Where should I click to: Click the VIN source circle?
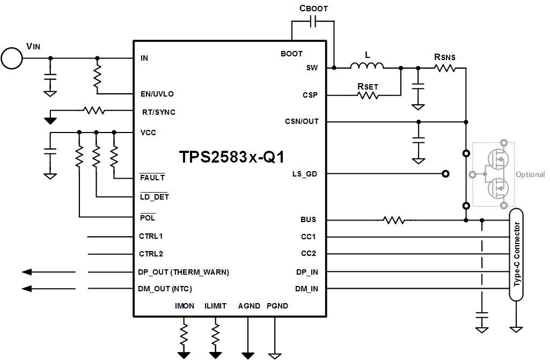(x=12, y=58)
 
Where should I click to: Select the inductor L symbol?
(x=367, y=67)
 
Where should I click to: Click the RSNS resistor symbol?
(x=444, y=68)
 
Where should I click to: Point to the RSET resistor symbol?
(x=368, y=95)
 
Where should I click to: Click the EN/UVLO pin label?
(x=157, y=94)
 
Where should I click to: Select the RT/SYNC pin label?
(x=157, y=112)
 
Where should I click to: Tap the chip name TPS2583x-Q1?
(x=231, y=157)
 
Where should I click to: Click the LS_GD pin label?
(x=305, y=174)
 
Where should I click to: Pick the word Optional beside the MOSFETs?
(x=530, y=174)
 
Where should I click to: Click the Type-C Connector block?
(x=516, y=254)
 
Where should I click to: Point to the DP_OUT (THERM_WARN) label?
(x=184, y=272)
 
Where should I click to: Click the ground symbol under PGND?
(x=274, y=355)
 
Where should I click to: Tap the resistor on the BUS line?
(x=393, y=220)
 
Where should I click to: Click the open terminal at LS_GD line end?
(x=444, y=174)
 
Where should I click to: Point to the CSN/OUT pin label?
(x=302, y=121)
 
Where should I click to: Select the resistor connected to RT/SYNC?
(x=93, y=111)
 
